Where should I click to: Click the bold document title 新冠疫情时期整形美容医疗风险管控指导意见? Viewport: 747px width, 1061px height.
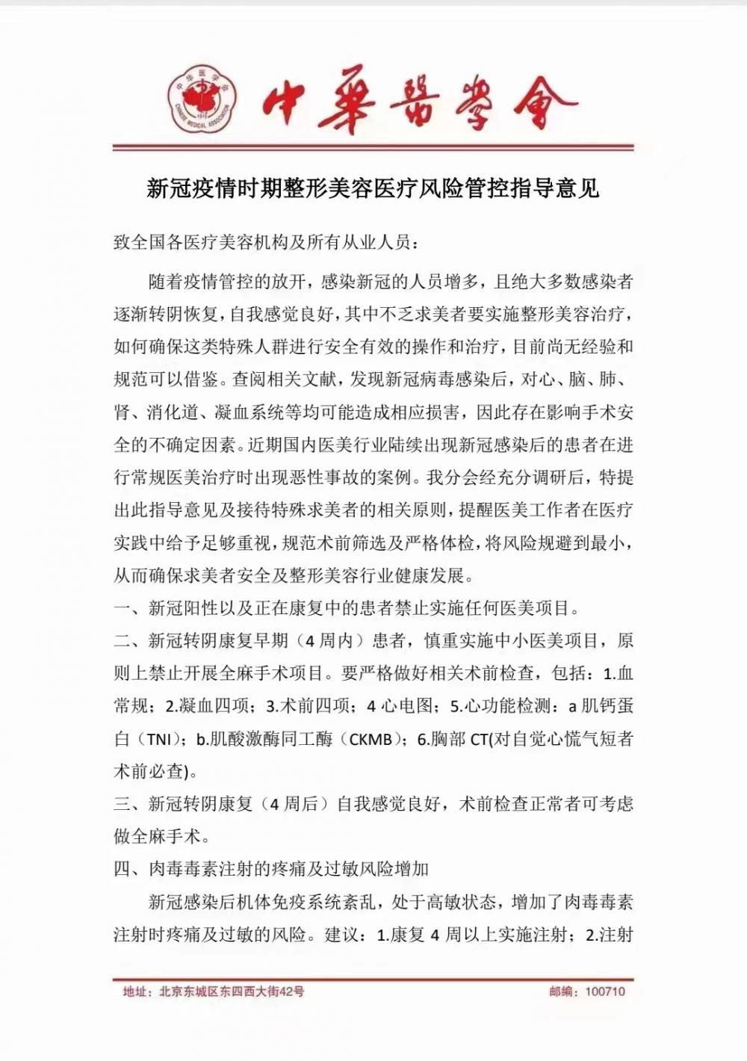pos(373,188)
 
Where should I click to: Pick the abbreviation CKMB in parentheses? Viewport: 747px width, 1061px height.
pos(371,740)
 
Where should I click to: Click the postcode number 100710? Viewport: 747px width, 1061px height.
pos(605,992)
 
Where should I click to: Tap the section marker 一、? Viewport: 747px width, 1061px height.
pos(129,608)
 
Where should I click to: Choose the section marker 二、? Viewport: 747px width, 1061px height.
pos(129,641)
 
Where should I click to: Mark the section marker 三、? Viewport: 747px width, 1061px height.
pos(129,804)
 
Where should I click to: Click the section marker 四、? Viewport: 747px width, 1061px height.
pos(129,869)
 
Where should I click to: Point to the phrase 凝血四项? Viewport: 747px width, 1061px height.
pos(222,706)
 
